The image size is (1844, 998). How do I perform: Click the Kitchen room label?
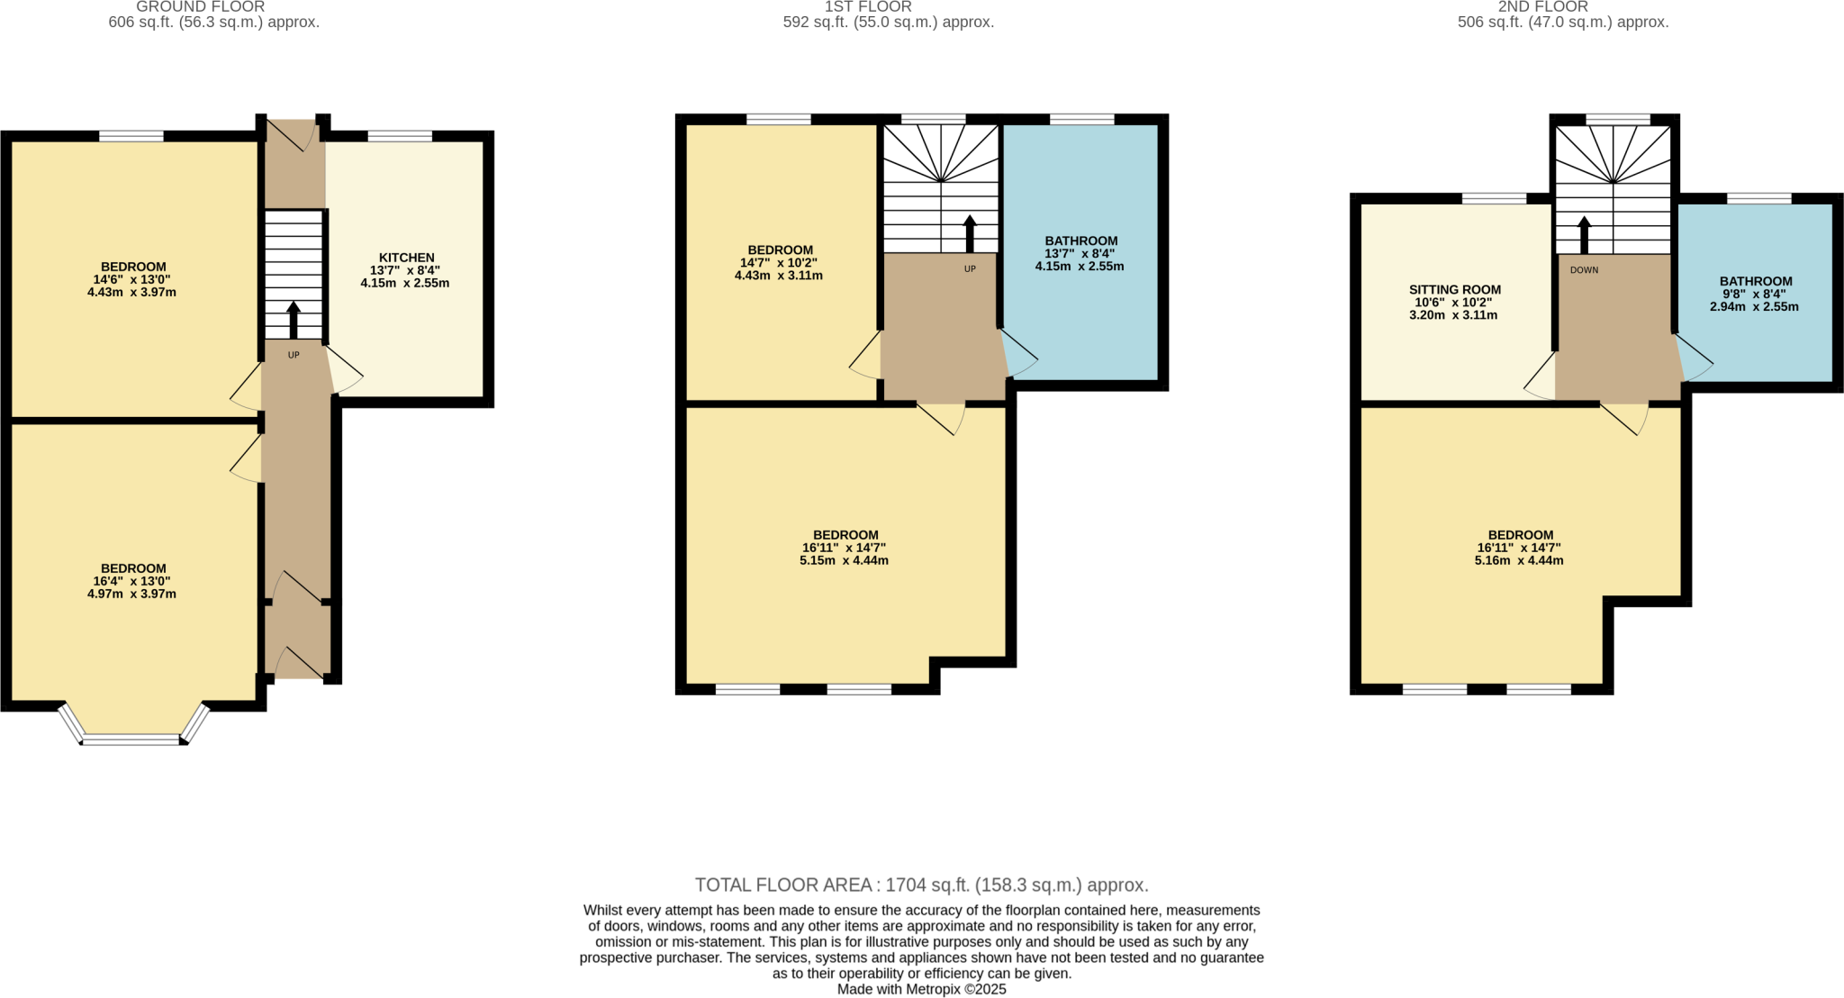tap(406, 258)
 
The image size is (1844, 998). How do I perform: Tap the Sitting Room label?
tap(1454, 290)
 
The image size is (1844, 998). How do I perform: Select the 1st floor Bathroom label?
tap(1080, 240)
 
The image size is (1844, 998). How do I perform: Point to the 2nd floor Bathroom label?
tap(1755, 281)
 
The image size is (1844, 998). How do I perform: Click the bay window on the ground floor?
tap(132, 739)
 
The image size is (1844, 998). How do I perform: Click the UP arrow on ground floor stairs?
tap(294, 320)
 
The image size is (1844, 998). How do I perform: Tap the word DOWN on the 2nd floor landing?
tap(1584, 270)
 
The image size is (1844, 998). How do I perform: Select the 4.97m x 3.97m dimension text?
tap(131, 594)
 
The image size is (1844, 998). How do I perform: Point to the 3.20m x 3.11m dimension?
tap(1452, 315)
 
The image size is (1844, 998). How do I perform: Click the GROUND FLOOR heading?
tap(200, 7)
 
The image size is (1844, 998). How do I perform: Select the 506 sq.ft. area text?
tap(1562, 23)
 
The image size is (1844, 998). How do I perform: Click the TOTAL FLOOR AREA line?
tap(921, 885)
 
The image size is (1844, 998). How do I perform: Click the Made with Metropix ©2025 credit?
tap(921, 989)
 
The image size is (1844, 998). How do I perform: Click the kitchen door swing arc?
tap(346, 372)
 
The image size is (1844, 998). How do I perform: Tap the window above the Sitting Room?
tap(1494, 198)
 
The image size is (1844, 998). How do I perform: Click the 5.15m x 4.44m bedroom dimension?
tap(844, 560)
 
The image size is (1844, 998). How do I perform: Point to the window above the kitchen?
tap(400, 136)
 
